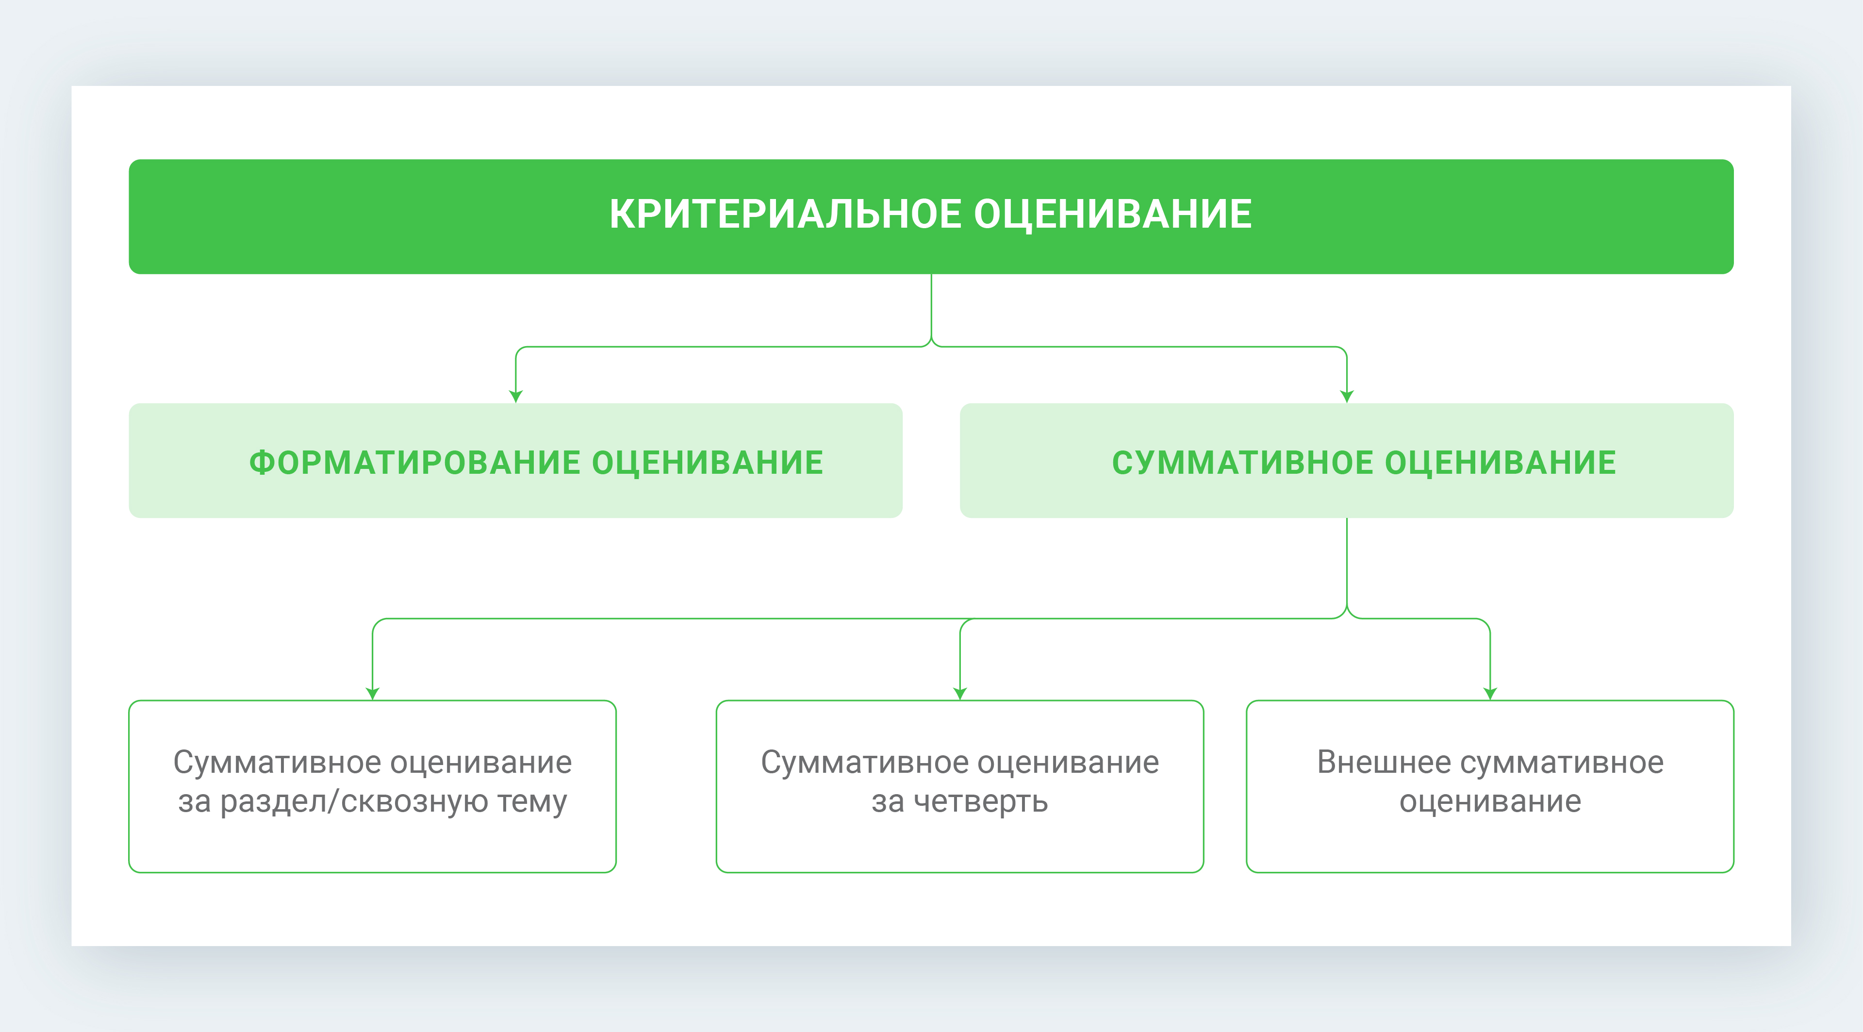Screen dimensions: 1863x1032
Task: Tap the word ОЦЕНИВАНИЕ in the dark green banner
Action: pos(1113,215)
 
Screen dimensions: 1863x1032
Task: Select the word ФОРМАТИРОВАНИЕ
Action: pos(414,463)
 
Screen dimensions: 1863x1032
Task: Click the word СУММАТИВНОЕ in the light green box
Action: pos(1242,463)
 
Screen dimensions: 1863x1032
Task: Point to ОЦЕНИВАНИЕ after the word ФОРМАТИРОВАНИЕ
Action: pos(708,463)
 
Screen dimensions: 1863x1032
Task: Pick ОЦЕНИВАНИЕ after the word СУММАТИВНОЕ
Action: pos(1500,463)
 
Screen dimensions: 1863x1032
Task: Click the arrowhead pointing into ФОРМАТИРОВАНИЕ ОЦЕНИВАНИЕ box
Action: pos(516,396)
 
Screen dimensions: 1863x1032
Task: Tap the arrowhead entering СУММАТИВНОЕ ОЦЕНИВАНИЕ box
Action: pos(1347,396)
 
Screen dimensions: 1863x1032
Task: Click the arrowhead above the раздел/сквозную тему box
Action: pos(373,694)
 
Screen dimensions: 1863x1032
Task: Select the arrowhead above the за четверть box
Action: pos(960,694)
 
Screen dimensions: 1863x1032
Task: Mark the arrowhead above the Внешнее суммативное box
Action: pos(1490,694)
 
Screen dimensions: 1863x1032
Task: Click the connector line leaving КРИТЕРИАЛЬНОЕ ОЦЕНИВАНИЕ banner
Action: pos(931,307)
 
